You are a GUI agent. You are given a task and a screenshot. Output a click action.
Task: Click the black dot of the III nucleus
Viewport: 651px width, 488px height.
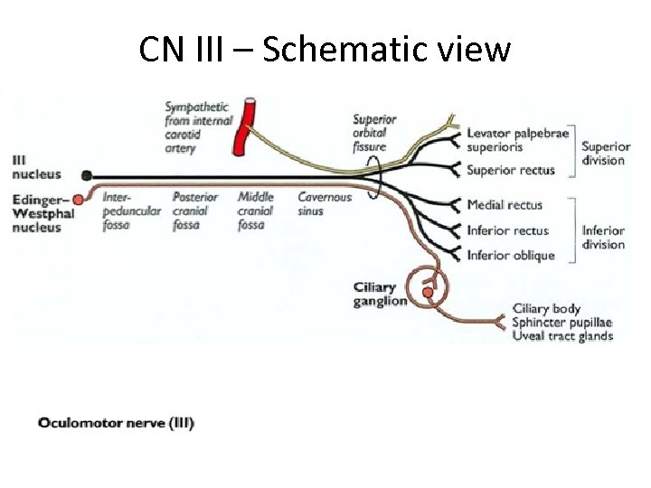86,175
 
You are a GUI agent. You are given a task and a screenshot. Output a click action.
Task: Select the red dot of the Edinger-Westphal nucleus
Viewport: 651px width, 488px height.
79,199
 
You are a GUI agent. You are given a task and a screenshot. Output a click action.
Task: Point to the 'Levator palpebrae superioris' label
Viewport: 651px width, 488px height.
517,141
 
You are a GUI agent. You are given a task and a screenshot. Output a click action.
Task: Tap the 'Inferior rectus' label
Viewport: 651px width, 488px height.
506,230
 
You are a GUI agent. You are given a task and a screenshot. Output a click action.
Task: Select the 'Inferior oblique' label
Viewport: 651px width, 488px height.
510,255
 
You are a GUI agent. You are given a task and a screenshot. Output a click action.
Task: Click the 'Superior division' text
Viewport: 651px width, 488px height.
605,154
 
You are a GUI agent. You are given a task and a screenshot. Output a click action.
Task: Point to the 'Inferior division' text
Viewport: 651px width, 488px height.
603,237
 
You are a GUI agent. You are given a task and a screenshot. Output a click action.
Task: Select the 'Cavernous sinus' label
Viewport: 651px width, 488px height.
325,204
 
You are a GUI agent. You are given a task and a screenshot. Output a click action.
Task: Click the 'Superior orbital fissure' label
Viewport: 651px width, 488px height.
370,133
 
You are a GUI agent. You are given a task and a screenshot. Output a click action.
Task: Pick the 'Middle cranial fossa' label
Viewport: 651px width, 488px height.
256,211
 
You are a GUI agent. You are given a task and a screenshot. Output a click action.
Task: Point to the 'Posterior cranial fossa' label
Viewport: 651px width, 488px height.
195,211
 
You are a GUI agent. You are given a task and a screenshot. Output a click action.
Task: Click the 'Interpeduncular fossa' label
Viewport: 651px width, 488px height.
132,211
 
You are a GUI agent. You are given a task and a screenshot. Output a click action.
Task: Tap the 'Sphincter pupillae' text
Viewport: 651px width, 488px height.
561,323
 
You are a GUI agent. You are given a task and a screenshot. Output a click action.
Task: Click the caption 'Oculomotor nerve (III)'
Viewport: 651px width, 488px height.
116,422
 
